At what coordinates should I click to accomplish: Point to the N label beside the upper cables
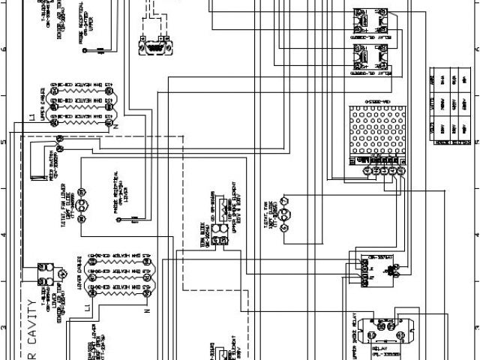(x=115, y=128)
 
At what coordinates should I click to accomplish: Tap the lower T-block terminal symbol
(x=43, y=268)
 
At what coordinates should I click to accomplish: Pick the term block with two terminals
(x=218, y=241)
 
